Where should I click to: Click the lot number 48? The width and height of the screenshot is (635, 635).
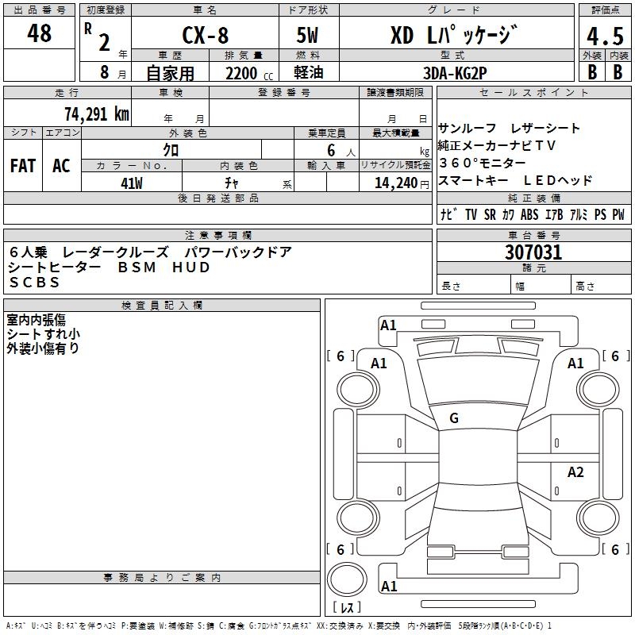point(39,33)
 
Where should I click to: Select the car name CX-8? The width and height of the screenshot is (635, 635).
point(204,36)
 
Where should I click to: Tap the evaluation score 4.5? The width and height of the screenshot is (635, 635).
point(603,37)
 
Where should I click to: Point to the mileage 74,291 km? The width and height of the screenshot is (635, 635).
point(96,114)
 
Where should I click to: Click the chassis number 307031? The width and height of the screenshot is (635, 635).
point(533,252)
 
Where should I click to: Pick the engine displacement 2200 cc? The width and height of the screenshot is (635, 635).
point(241,73)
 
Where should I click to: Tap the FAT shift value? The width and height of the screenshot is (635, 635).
point(23,166)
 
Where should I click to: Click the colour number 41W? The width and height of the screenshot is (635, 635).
point(132,183)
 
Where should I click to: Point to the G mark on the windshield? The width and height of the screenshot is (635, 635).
point(454,418)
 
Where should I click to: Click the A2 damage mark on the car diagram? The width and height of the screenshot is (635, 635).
point(575,472)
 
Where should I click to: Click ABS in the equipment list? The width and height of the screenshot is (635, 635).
point(529,214)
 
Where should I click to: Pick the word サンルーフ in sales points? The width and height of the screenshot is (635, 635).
point(467,128)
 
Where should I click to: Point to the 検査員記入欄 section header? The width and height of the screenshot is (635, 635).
point(162,306)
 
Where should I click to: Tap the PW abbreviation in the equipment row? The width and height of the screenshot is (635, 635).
point(618,214)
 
